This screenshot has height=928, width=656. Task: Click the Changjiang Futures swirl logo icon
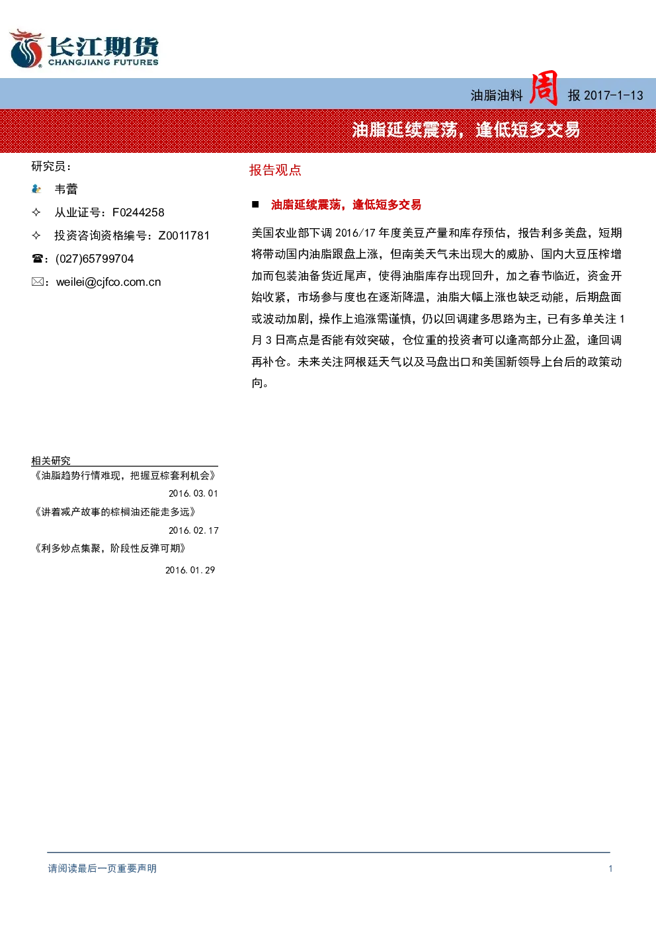click(x=26, y=48)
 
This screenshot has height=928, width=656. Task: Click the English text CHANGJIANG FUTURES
click(x=103, y=63)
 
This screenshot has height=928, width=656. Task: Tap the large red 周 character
click(x=544, y=89)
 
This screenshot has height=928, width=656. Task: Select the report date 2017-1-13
click(x=613, y=96)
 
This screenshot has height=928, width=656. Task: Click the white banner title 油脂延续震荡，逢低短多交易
click(x=466, y=130)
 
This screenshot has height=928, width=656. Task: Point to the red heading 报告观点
click(x=275, y=170)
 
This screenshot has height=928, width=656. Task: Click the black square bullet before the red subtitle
click(x=255, y=204)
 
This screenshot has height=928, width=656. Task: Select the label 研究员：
click(x=52, y=167)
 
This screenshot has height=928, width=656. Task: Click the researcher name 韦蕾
click(x=66, y=189)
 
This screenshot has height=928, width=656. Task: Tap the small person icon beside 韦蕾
click(x=36, y=189)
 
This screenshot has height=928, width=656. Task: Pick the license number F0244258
click(x=138, y=212)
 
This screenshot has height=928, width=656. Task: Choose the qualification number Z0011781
click(x=184, y=235)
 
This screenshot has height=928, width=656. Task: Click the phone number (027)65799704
click(x=95, y=259)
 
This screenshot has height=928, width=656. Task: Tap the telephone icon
click(x=37, y=259)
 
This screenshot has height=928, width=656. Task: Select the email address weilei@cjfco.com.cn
click(x=108, y=282)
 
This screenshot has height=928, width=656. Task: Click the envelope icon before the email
click(x=38, y=282)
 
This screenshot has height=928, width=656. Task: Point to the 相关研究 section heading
click(x=51, y=460)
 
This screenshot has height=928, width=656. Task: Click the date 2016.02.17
click(x=193, y=530)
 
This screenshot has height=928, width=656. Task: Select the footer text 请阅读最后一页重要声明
click(x=102, y=868)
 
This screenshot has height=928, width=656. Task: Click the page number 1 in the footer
click(x=610, y=868)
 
